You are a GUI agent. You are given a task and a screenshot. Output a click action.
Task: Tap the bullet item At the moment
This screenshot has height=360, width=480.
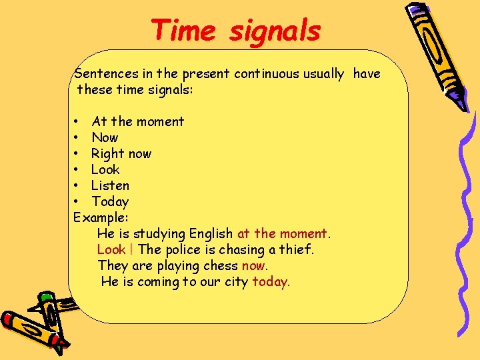[137, 121]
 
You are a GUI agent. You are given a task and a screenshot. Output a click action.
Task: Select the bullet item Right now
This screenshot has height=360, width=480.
[121, 153]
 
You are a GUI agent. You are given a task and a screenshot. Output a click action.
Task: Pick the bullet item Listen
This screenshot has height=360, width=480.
[110, 185]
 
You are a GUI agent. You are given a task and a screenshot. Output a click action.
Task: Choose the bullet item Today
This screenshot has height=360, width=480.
[110, 201]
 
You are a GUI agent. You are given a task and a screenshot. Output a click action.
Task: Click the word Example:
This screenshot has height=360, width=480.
[101, 217]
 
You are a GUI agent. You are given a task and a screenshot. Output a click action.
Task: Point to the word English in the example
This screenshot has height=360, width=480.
[211, 233]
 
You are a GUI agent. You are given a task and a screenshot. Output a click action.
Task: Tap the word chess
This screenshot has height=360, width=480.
[220, 265]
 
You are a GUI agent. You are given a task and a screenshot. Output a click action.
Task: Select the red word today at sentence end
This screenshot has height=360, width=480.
[269, 281]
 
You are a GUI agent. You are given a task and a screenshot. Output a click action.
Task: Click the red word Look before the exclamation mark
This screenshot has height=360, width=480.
[111, 249]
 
